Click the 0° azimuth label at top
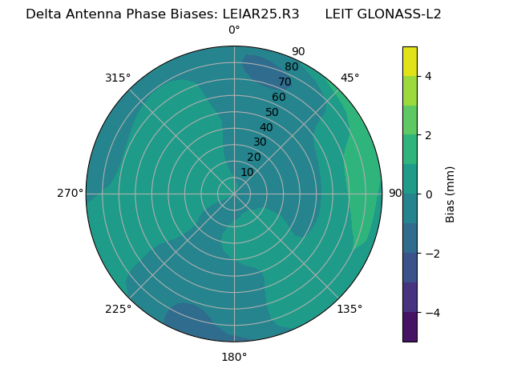(234, 30)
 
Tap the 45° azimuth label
(349, 78)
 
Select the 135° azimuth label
(349, 309)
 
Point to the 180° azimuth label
(234, 357)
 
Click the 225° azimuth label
(118, 309)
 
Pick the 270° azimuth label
(71, 193)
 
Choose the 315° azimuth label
(118, 78)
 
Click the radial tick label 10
(247, 172)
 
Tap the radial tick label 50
(272, 113)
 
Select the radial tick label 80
(291, 66)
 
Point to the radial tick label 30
(260, 142)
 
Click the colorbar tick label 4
(428, 76)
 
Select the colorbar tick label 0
(428, 194)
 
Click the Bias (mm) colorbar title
(450, 194)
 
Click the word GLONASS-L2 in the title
(383, 14)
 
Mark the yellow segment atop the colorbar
(410, 61)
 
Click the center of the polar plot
(234, 194)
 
